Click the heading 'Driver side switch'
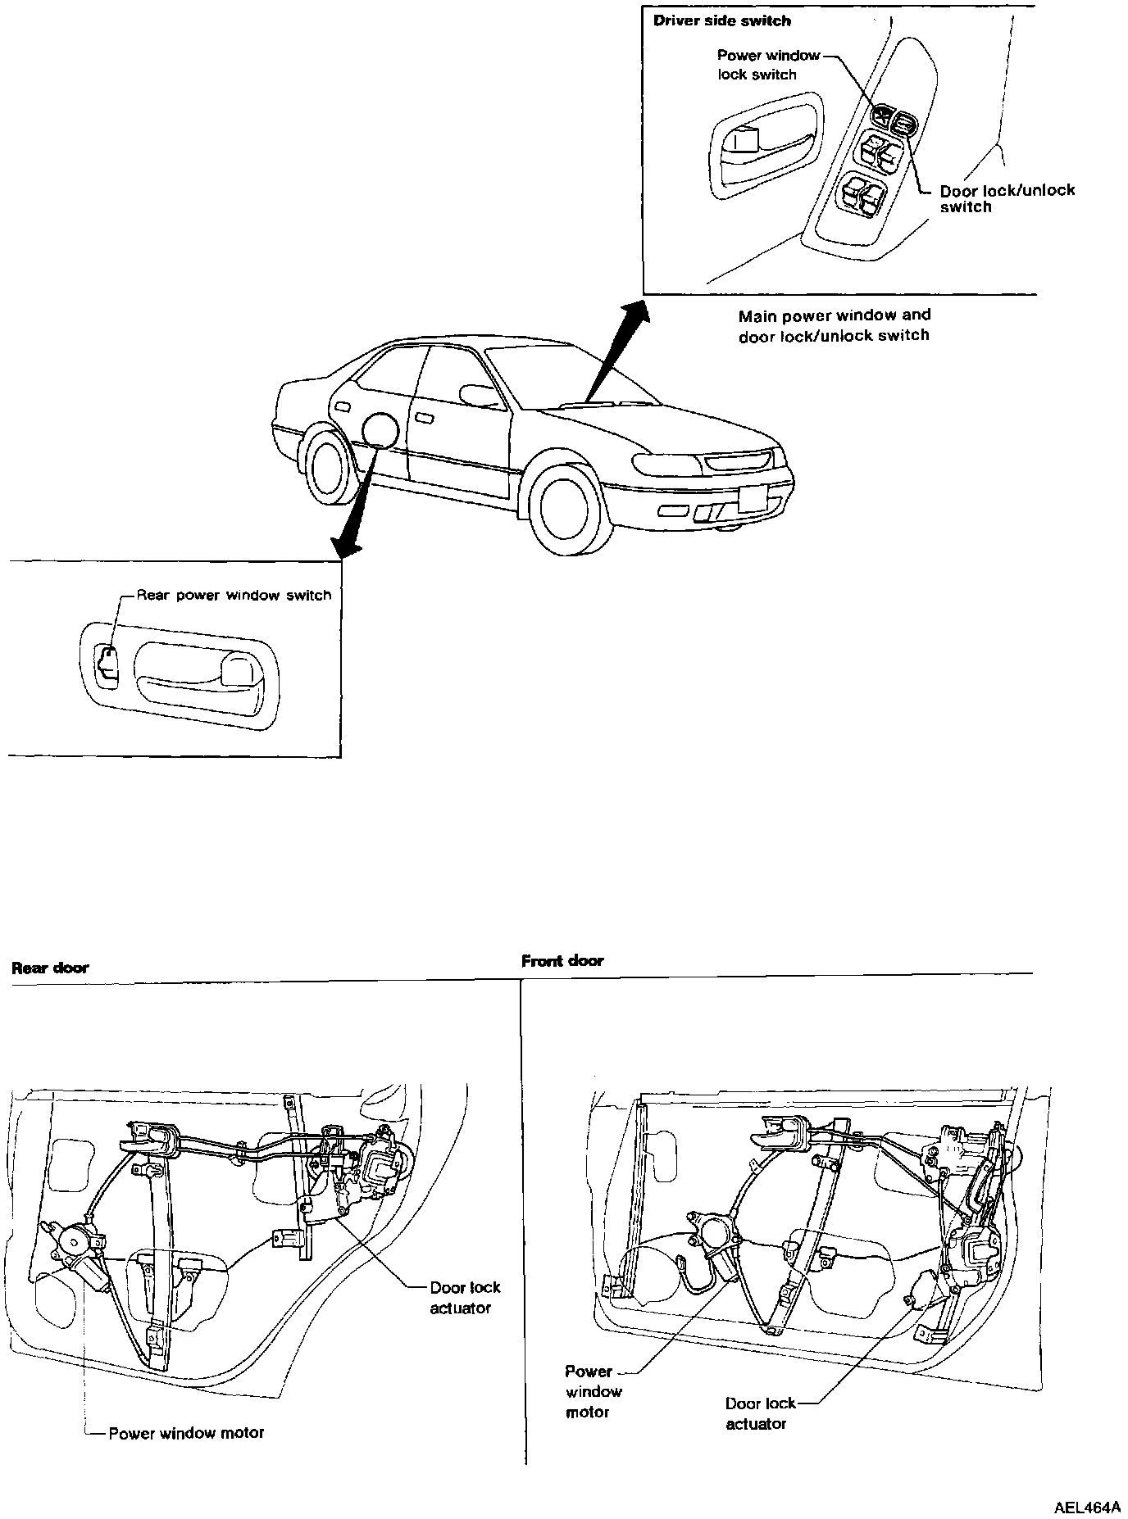[x=721, y=20]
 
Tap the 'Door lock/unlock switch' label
[x=1007, y=198]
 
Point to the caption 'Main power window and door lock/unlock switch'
[x=834, y=325]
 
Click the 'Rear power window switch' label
[x=234, y=595]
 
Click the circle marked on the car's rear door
[x=380, y=429]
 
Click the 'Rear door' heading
[x=50, y=968]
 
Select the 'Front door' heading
[x=562, y=961]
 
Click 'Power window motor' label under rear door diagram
[x=186, y=1433]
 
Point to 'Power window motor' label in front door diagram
[x=593, y=1391]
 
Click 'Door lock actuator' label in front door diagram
[x=759, y=1413]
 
